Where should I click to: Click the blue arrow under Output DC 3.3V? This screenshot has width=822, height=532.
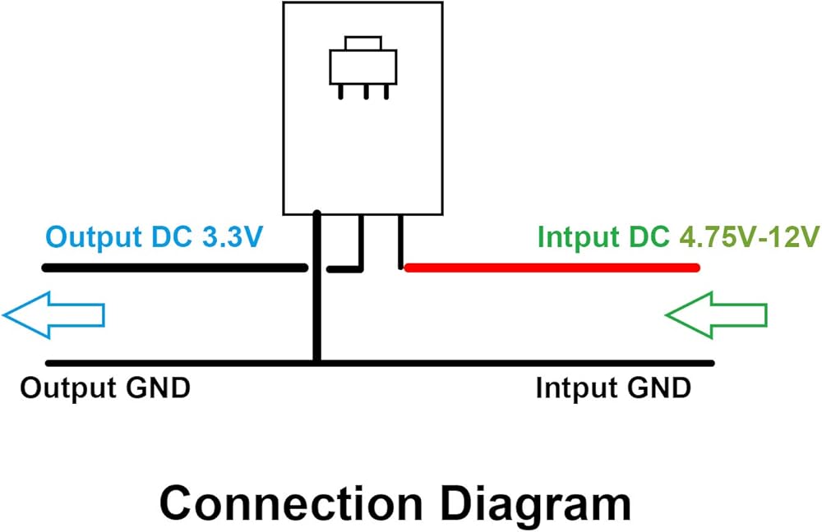click(x=53, y=314)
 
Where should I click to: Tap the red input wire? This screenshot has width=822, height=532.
click(x=551, y=267)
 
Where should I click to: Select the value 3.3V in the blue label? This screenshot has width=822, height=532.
click(x=231, y=237)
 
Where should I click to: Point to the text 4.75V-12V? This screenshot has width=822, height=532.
click(x=750, y=237)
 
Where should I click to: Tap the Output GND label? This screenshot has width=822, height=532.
click(x=105, y=388)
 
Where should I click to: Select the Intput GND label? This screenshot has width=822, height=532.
click(x=613, y=388)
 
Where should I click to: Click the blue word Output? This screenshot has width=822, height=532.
click(x=90, y=237)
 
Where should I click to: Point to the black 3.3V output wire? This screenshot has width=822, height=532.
click(x=173, y=268)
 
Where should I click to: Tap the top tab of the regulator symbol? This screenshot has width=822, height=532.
click(x=363, y=43)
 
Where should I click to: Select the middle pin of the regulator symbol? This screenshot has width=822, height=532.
click(x=363, y=92)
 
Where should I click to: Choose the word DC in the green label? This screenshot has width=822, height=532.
click(x=649, y=237)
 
